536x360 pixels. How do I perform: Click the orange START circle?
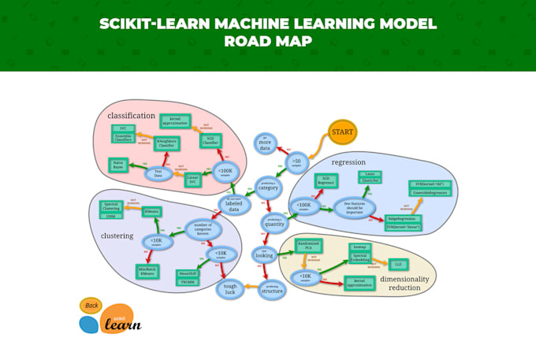(342, 132)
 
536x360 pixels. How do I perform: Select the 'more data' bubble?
(266, 143)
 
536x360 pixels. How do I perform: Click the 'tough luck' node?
(229, 289)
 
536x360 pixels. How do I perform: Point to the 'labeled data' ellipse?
(234, 204)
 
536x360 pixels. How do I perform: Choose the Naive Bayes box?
(120, 165)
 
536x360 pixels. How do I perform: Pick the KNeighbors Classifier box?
(166, 143)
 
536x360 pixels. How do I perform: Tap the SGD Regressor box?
(326, 181)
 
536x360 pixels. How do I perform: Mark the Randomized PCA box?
(309, 245)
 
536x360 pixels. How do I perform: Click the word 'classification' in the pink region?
(131, 117)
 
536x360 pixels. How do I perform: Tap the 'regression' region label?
(348, 162)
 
